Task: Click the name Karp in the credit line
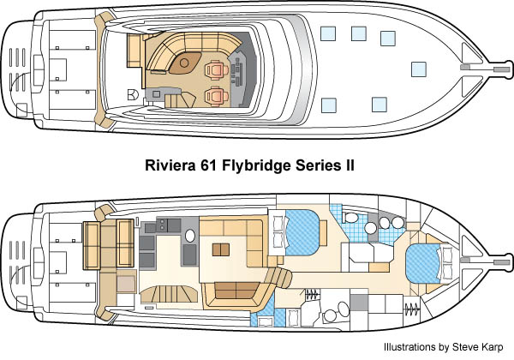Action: (491, 345)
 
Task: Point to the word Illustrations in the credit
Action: (408, 345)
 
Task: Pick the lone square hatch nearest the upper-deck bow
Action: (418, 69)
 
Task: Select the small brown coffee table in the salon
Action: (221, 249)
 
